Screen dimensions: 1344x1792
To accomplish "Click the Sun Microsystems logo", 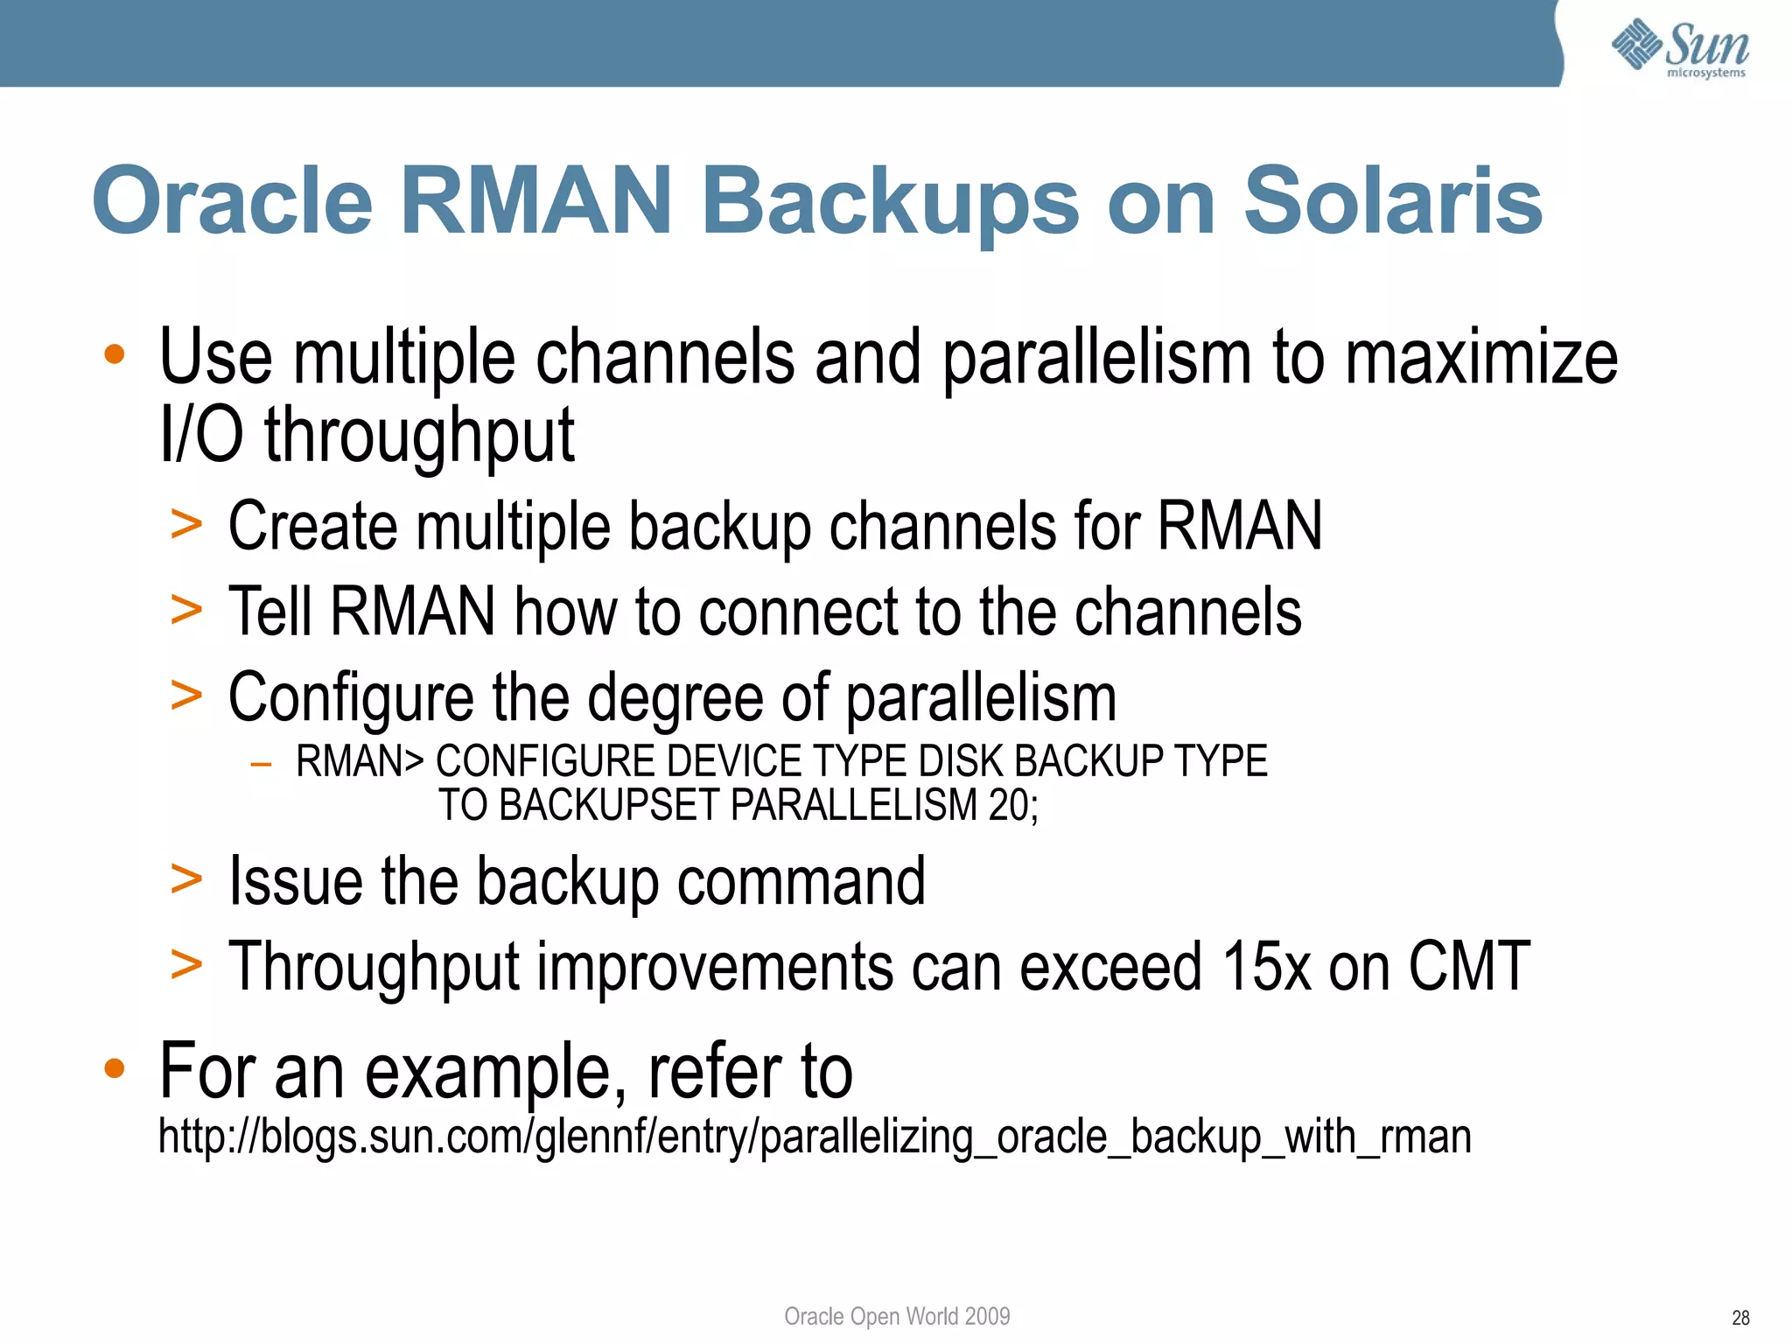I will click(1680, 47).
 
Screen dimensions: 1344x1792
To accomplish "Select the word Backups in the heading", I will click(890, 203).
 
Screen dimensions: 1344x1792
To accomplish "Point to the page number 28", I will click(1740, 1318).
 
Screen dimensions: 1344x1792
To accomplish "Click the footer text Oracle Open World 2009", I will click(897, 1316).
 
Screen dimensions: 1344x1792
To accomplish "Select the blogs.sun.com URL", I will click(815, 1137).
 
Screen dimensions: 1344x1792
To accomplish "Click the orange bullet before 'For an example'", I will click(114, 1068).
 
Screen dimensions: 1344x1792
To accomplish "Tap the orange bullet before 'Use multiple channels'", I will click(114, 354).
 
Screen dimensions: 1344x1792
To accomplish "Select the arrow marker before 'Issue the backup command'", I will click(186, 879).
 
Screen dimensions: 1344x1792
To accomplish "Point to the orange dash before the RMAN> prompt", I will click(260, 764).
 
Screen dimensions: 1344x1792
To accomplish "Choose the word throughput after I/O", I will click(419, 435).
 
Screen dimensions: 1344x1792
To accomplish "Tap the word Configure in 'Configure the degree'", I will click(350, 698).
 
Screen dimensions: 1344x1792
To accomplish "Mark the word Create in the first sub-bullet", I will click(313, 526).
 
